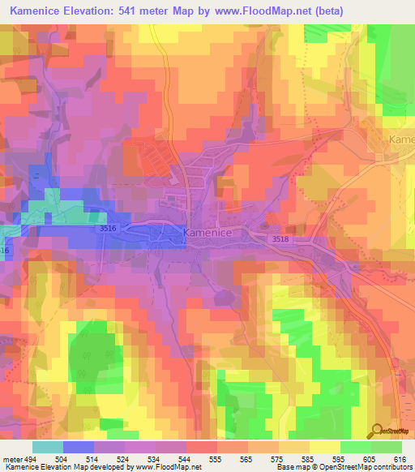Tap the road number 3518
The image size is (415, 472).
coord(280,238)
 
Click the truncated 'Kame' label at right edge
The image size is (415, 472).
coord(401,139)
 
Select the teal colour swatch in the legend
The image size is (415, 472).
coord(48,447)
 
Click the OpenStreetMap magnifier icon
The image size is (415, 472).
coord(377,429)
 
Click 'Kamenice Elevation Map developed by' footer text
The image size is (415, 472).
coord(68,467)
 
